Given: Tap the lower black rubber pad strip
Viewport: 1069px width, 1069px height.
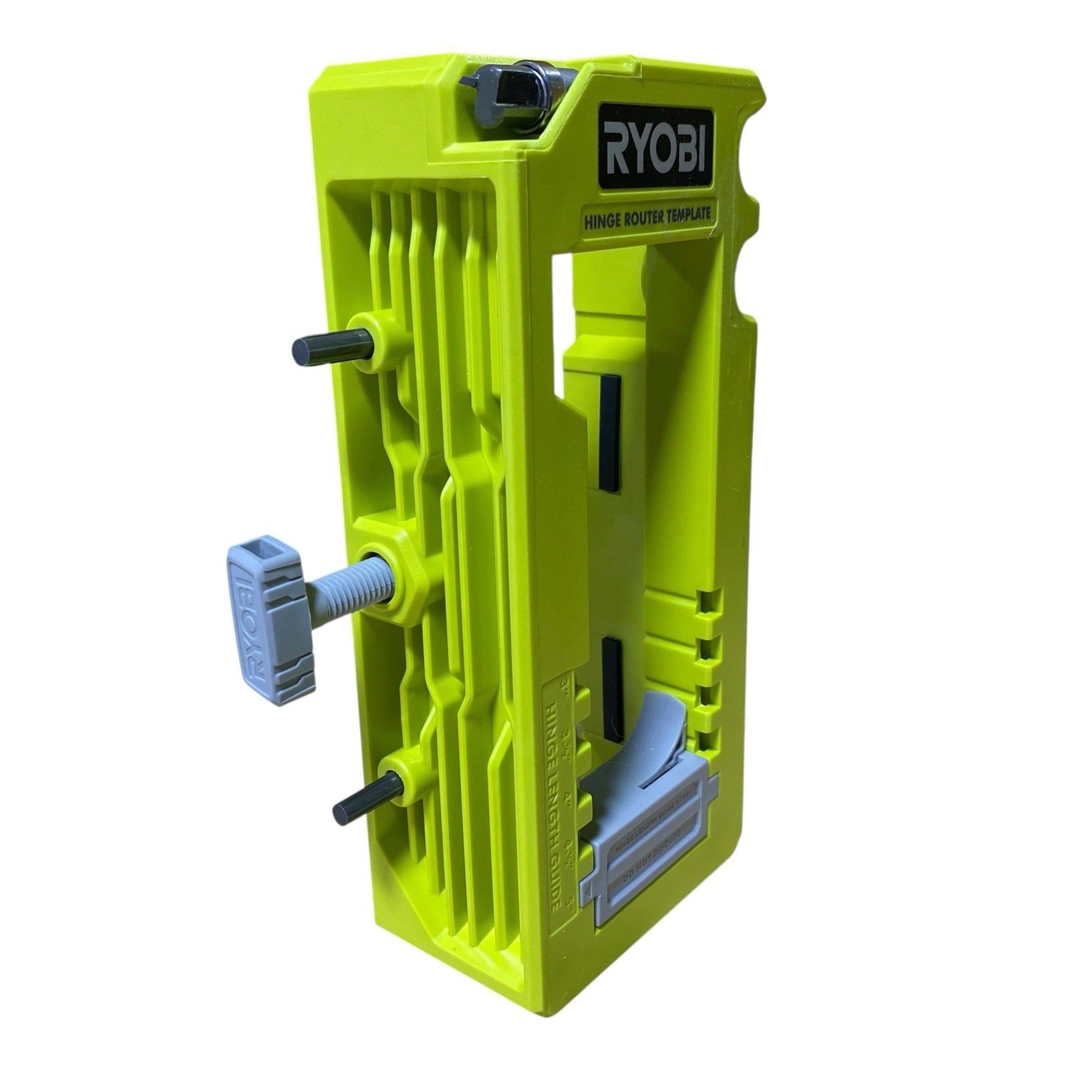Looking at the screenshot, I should pyautogui.click(x=612, y=688).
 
